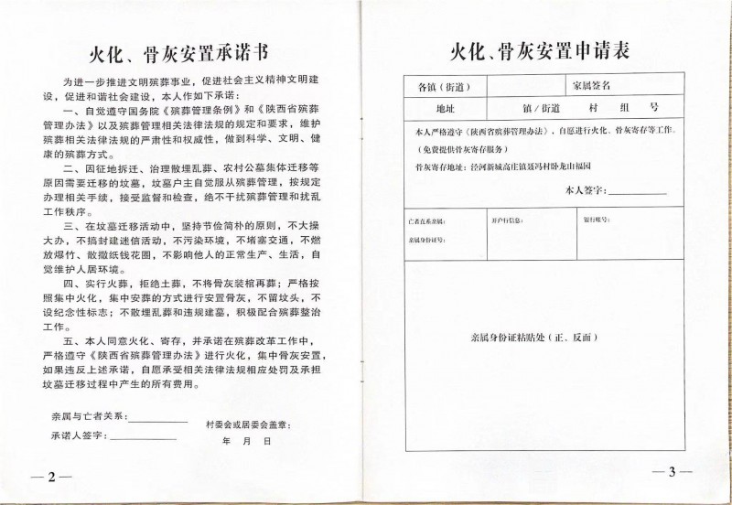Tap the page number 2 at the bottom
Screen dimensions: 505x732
(52, 478)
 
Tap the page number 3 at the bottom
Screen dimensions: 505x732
(672, 472)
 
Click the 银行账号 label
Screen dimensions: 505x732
(595, 220)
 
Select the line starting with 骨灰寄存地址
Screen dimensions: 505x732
(504, 167)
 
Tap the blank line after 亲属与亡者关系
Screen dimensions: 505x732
(159, 419)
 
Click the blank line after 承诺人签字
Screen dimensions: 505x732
(143, 438)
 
